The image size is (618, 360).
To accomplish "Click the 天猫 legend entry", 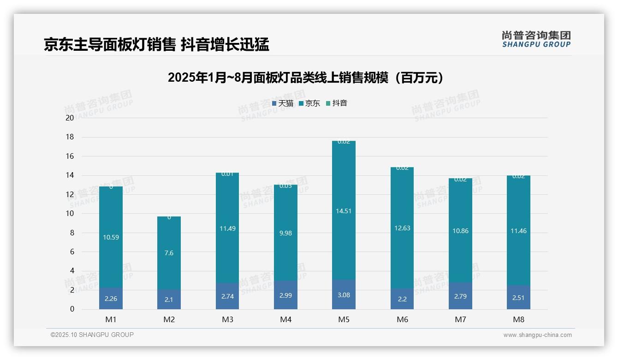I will pos(283,103).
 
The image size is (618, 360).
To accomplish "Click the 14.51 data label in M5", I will pos(344,211).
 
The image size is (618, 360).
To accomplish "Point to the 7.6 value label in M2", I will pos(169,253).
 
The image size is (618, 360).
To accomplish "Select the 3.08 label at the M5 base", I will pos(344,295).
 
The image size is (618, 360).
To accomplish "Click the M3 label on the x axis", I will pos(227,319).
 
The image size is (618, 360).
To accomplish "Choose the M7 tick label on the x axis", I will pos(460,319).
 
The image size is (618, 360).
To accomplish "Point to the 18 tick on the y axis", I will pos(70,137).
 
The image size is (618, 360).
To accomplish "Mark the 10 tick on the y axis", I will pos(70,214).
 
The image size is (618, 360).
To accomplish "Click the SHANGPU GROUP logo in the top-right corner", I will pos(536,39).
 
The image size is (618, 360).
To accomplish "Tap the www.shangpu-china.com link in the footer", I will pos(537,335).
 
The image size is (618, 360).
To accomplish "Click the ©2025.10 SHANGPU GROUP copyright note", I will pos(92,335).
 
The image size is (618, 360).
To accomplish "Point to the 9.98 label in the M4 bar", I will pos(285,233).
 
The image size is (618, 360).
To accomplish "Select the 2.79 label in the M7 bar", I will pos(460,296).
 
